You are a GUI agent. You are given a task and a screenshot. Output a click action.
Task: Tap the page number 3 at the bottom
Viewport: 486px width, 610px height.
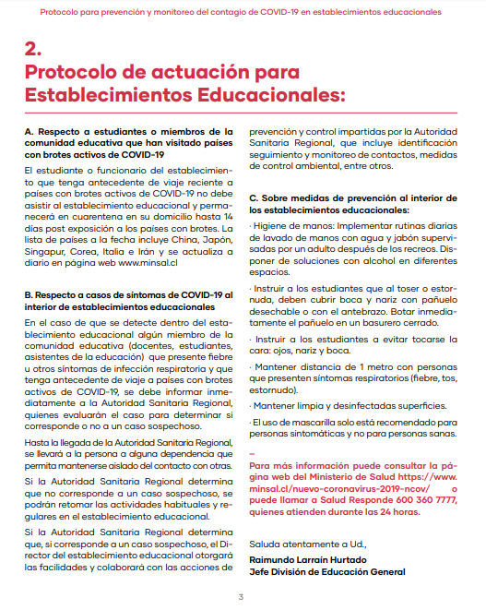(x=241, y=597)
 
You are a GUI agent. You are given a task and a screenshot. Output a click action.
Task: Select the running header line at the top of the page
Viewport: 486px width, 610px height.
(x=243, y=12)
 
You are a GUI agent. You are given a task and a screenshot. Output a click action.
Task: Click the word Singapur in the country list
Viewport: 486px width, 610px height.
(x=44, y=250)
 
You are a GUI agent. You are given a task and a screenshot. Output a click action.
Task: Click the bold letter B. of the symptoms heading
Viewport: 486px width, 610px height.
(x=30, y=294)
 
